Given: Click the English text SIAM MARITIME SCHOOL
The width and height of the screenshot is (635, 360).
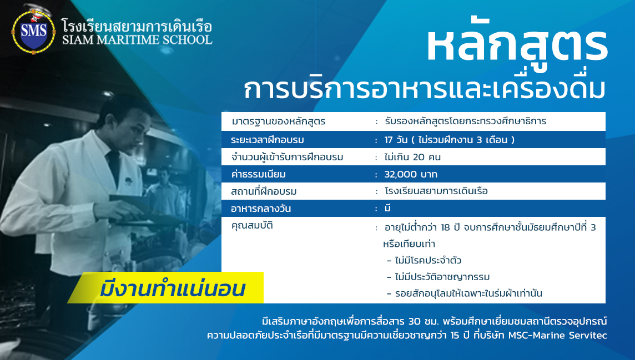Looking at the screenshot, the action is [x=137, y=39].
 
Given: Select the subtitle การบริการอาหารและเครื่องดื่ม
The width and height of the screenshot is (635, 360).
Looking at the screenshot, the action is [x=425, y=89].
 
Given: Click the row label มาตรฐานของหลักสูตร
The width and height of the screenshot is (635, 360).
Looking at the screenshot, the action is [x=278, y=121].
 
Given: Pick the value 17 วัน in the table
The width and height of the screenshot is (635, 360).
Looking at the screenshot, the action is [x=396, y=140].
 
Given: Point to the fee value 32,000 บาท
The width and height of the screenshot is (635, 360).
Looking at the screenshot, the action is [x=411, y=174].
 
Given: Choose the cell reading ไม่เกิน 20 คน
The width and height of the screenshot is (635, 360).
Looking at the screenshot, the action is [x=412, y=157].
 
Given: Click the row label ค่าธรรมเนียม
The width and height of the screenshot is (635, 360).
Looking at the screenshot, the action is [x=258, y=174].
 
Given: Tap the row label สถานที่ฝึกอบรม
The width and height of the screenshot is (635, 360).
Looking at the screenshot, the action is [x=264, y=191].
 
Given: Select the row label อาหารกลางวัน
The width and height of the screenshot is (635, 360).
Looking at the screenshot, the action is [x=261, y=209].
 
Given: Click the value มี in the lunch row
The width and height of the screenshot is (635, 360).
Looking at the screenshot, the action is [x=387, y=208].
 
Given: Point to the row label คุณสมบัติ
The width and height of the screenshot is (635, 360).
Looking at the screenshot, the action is [x=252, y=225].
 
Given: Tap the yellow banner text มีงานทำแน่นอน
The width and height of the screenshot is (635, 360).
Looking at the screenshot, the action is [x=173, y=289].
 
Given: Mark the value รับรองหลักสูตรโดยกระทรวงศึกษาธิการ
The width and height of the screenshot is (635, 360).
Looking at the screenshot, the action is [x=465, y=121].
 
